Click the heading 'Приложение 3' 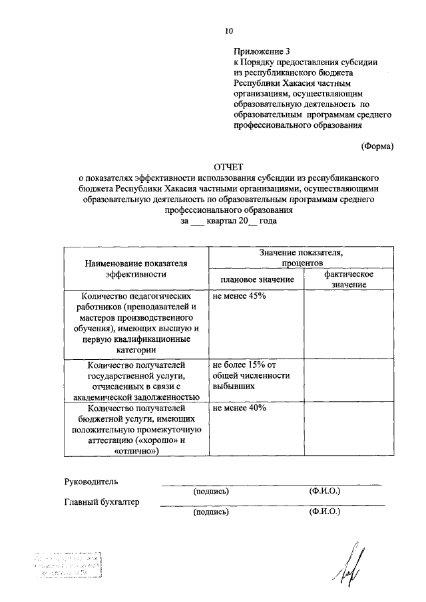coord(262,51)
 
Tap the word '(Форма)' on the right coord(377,146)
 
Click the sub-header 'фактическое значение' coord(347,279)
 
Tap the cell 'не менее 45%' coord(240,296)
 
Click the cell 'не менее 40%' coord(240,408)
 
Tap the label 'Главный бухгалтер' coord(102,502)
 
